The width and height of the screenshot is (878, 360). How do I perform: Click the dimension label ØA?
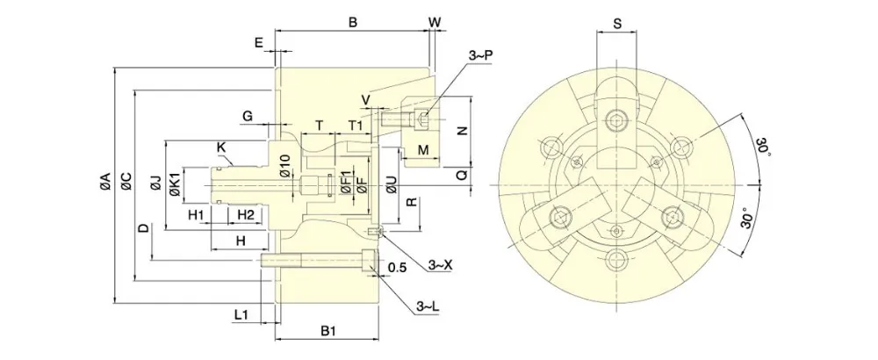point(104,182)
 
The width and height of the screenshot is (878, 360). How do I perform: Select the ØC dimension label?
point(125,182)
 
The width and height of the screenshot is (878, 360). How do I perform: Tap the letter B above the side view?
point(352,21)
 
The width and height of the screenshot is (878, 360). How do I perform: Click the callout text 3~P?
point(480,55)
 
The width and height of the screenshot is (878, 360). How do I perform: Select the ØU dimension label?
point(391,185)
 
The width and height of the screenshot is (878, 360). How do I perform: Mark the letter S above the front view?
point(618,25)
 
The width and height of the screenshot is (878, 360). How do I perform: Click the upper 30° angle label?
point(765,149)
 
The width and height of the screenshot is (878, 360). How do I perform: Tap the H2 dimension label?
point(245,216)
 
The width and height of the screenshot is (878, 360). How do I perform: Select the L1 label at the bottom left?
point(243,313)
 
